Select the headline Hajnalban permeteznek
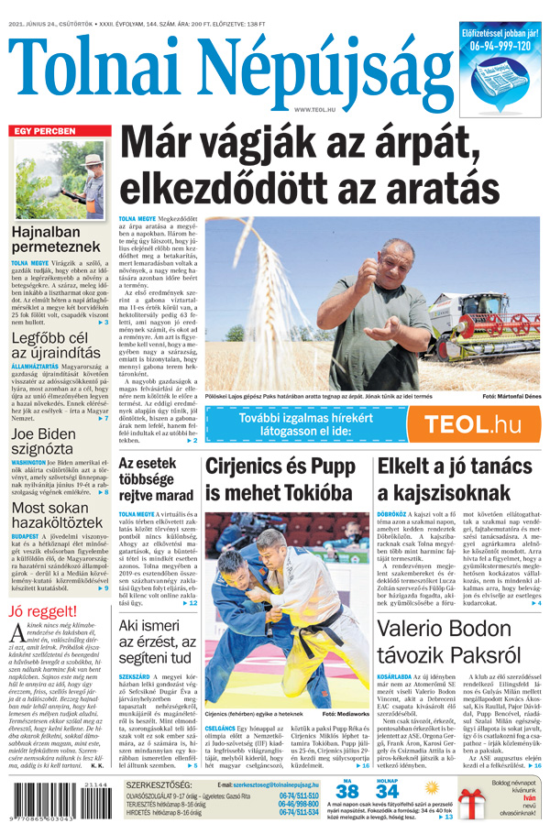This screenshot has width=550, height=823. click(x=56, y=239)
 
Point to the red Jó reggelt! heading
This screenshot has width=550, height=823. click(x=40, y=611)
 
